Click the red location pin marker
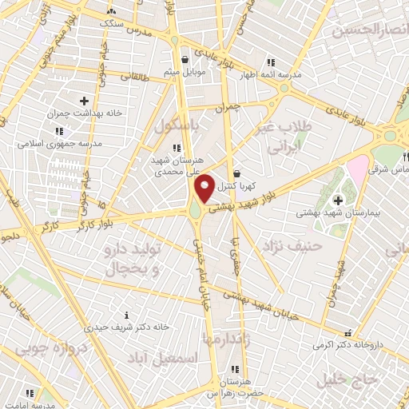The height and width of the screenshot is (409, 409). pos(205,187)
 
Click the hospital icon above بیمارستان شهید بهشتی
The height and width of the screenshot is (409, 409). pos(338,199)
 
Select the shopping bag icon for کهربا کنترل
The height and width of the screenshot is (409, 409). pos(237,173)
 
